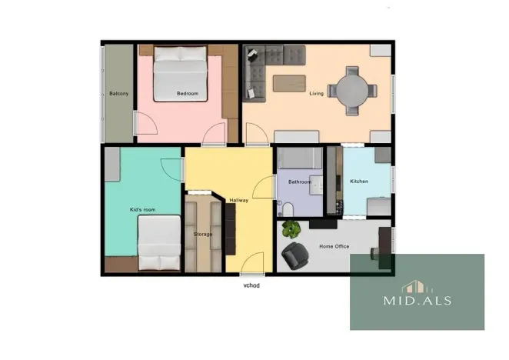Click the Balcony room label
coord(118,94)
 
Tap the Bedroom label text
coord(188,94)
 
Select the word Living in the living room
coord(316,94)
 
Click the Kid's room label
coord(142,209)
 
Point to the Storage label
coord(203,234)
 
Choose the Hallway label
coord(240,201)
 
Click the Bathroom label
coord(299,182)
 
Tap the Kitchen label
coord(359,182)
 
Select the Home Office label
coord(334,246)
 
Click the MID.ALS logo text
coord(417,301)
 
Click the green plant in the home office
coord(291,229)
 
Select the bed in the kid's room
coord(160,242)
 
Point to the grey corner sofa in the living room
coord(265,66)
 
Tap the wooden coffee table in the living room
coord(289,81)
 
